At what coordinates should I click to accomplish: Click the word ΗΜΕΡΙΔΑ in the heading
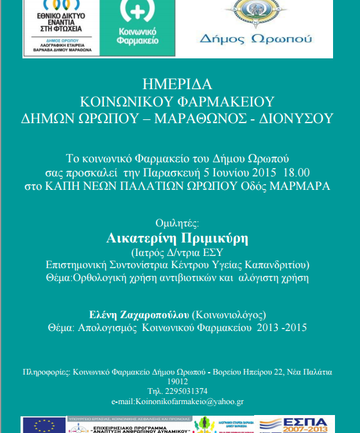point(179,84)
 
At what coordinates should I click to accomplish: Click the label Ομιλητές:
point(178,223)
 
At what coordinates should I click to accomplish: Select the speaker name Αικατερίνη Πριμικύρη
point(178,237)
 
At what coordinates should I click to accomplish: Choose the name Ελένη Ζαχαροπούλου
point(139,314)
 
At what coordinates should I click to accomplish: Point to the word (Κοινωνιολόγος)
point(228,314)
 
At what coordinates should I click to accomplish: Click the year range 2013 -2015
point(281,328)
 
